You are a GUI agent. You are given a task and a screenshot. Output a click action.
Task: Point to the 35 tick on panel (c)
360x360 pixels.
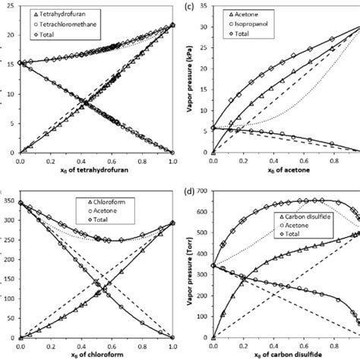pos(206,7)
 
